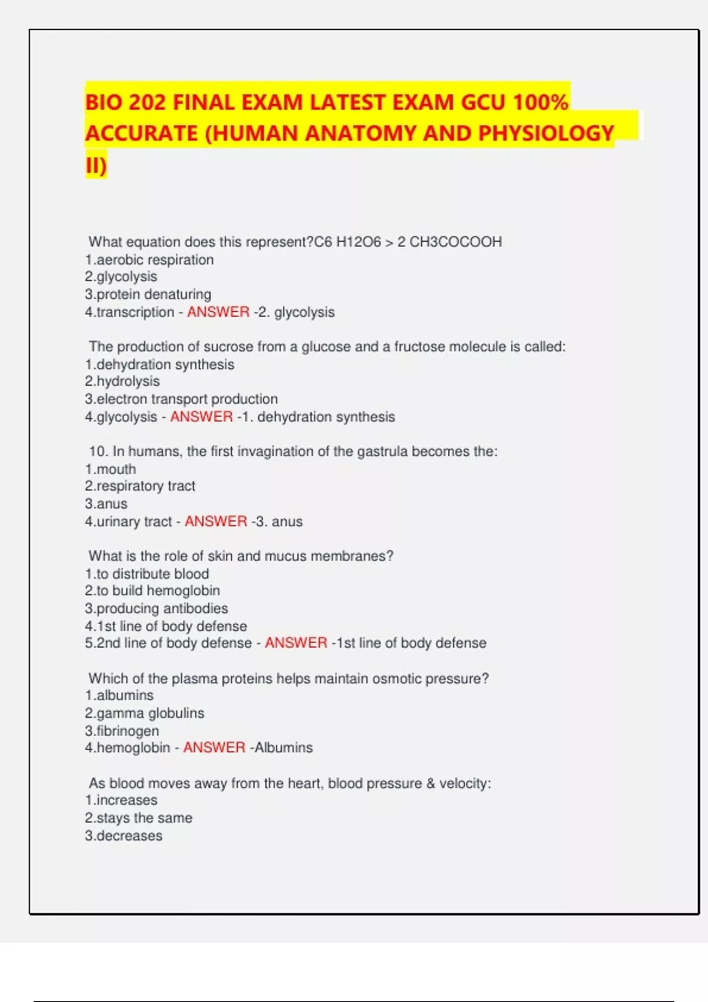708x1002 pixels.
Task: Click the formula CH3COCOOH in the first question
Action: click(x=455, y=242)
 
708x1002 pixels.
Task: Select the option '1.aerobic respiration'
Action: click(x=149, y=260)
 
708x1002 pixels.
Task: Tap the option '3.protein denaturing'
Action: click(x=148, y=294)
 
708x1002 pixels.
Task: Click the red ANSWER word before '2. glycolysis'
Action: click(x=218, y=312)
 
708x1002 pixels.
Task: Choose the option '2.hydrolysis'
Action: click(x=122, y=381)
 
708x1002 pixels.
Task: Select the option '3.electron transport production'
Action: click(x=181, y=399)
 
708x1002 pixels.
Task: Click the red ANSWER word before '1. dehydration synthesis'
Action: click(x=201, y=417)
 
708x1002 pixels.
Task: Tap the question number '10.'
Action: click(x=99, y=451)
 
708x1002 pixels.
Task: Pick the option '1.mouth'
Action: click(x=110, y=469)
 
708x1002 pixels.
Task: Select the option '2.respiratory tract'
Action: click(x=140, y=486)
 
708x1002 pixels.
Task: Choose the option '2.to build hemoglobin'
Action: click(x=152, y=591)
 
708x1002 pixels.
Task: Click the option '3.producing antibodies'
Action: click(x=156, y=608)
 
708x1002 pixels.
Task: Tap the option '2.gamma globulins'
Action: click(x=145, y=713)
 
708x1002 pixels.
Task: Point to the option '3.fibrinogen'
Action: click(x=122, y=731)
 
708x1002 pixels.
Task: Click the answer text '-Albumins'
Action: click(x=281, y=748)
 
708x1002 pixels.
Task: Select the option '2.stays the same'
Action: click(x=139, y=818)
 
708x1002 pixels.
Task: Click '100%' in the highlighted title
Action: click(x=540, y=103)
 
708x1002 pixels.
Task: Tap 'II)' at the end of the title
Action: click(x=96, y=166)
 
